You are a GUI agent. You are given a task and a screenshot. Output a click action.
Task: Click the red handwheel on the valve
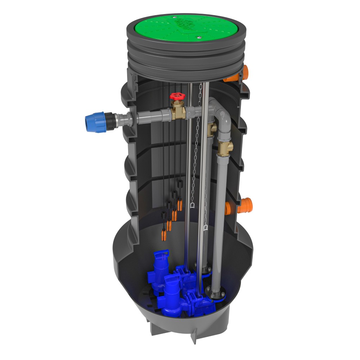[176, 96]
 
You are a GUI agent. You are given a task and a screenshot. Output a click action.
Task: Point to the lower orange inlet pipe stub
[239, 206]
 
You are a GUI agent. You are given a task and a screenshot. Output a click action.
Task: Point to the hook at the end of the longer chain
[206, 228]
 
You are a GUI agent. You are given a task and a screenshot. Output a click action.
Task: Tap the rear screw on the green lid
[175, 16]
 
